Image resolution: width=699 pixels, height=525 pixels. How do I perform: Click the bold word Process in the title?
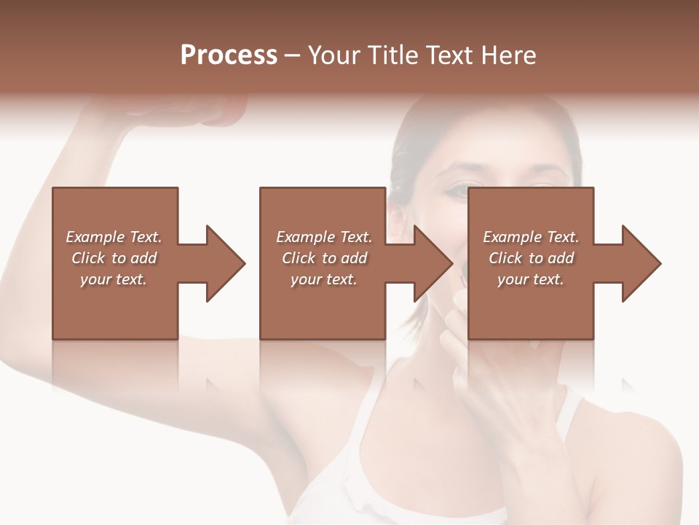point(229,55)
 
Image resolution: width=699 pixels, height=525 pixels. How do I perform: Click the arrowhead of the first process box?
point(226,263)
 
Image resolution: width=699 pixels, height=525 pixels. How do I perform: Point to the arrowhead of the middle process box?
point(433,263)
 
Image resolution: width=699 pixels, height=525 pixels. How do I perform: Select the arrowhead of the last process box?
point(641,263)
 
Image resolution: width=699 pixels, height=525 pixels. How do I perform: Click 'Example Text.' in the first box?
point(114,237)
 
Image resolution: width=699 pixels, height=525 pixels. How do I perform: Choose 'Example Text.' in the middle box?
point(324,237)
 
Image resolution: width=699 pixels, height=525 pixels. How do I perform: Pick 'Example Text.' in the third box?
point(531,237)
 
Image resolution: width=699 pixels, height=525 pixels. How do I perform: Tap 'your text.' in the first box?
point(114,279)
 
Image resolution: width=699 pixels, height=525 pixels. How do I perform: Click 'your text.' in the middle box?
point(324,279)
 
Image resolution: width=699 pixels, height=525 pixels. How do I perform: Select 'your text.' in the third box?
point(531,279)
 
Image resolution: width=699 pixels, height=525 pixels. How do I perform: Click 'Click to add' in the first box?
point(114,258)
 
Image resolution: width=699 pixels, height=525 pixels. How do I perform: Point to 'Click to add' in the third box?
point(531,258)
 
